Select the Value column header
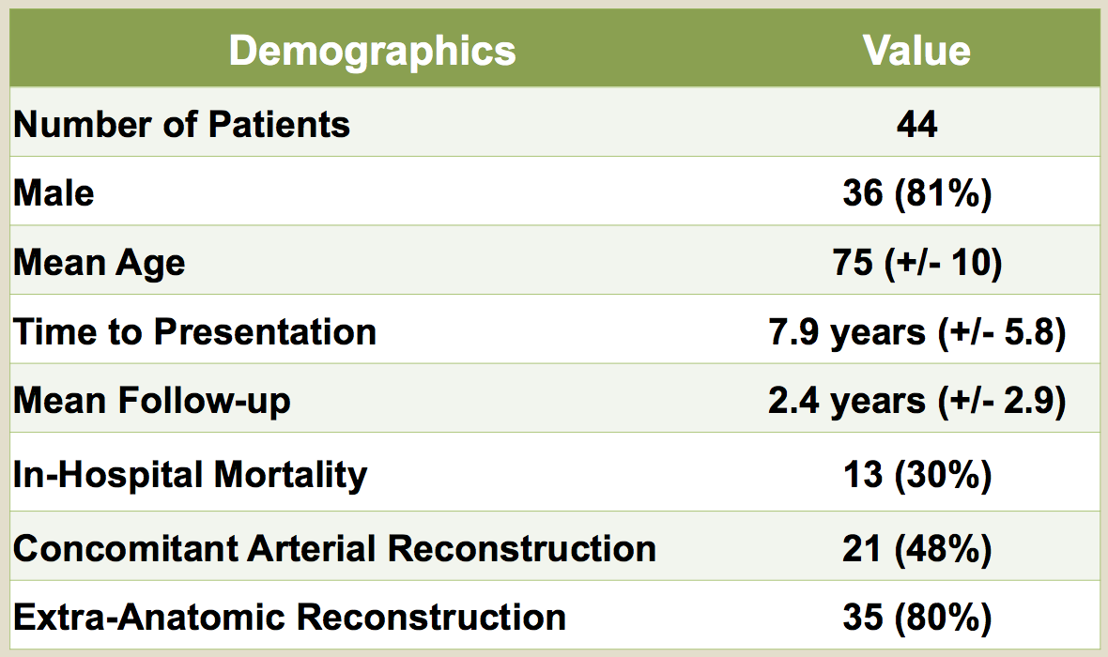916,51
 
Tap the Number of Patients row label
181,124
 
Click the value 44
916,124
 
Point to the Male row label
54,192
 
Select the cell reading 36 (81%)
917,193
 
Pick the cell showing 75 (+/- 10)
917,263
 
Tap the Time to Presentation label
194,332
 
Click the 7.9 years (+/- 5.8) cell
917,332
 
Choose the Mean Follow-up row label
152,402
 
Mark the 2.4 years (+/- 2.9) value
917,402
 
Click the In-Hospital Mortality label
190,475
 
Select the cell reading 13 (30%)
917,475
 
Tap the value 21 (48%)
917,549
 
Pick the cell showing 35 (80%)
917,618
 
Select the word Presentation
265,332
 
